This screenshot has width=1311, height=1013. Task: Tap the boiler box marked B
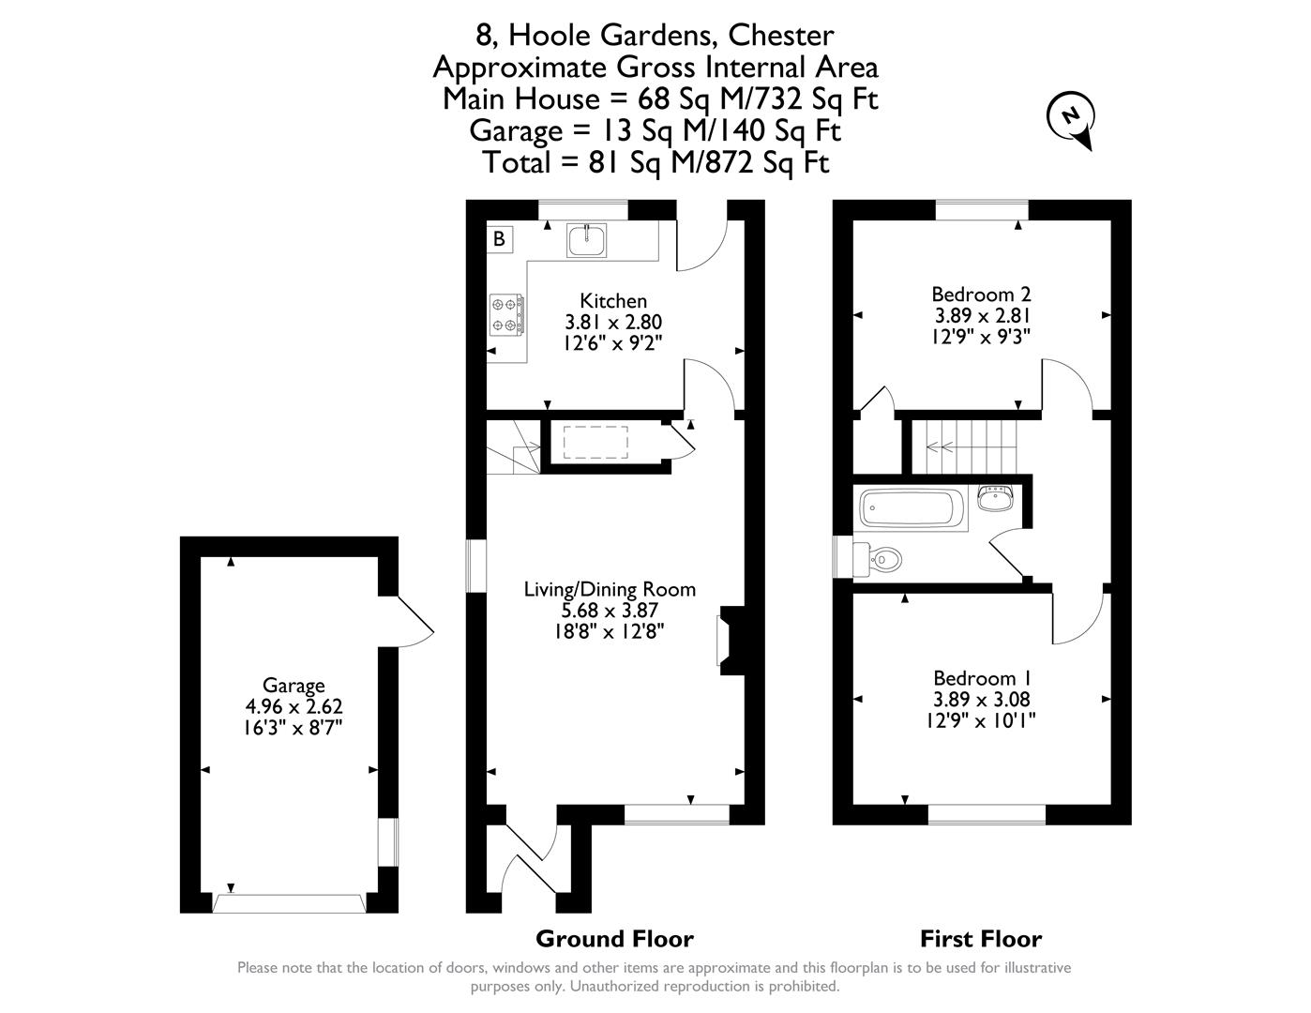point(500,239)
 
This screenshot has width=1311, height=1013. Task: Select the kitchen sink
point(586,239)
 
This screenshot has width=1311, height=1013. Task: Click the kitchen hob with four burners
point(506,314)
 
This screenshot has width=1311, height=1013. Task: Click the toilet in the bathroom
point(877,559)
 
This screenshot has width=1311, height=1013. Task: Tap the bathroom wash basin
point(995,498)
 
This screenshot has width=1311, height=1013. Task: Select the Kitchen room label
point(613,300)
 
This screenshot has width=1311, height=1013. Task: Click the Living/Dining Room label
point(610,589)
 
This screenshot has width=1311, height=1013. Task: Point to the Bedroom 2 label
point(981,295)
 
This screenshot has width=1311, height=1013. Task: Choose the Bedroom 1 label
point(982,677)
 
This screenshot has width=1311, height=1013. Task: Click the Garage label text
point(294,686)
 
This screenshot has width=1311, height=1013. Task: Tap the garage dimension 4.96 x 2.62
point(294,706)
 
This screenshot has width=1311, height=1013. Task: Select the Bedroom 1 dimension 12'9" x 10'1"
point(981,720)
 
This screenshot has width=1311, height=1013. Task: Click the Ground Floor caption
point(615,939)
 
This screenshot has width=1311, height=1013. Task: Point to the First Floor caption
point(981,939)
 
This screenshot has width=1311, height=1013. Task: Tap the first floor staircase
point(964,447)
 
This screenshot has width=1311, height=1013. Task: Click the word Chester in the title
point(781,35)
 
